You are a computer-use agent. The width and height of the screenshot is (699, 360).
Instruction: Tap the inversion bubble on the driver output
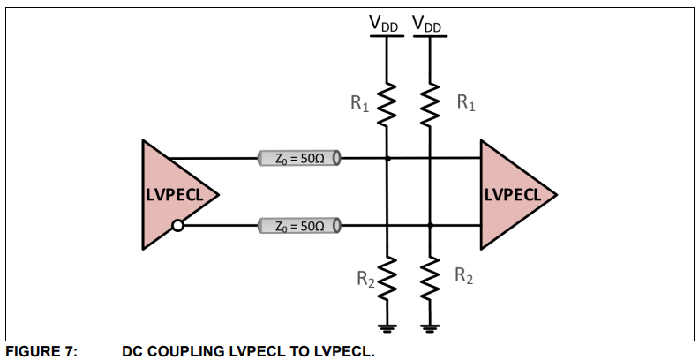pos(178,226)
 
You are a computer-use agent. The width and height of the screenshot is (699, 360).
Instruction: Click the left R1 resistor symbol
pos(387,106)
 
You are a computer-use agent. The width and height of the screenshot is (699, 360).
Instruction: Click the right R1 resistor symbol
pos(430,106)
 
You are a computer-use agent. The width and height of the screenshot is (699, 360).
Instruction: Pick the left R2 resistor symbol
pos(387,281)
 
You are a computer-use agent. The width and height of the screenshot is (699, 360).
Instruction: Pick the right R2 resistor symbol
pos(430,281)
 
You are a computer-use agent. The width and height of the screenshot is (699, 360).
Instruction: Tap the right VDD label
pos(427,26)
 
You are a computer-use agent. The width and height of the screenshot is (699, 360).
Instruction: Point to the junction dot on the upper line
pos(387,159)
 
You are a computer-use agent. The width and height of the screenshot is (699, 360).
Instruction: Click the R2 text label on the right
pos(463,275)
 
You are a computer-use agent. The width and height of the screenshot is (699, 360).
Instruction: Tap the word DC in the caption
pos(132,351)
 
